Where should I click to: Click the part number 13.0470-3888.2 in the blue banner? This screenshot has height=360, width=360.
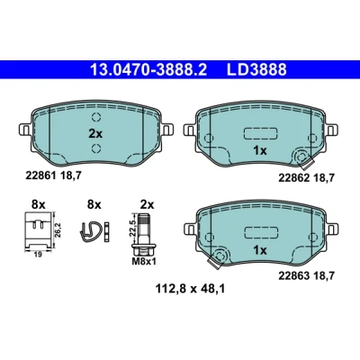(148, 70)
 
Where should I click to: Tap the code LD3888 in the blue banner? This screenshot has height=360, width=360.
(256, 70)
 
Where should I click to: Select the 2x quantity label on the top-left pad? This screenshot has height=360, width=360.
(95, 134)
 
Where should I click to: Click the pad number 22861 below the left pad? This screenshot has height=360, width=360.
(40, 176)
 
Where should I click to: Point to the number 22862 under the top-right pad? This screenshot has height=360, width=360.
(294, 178)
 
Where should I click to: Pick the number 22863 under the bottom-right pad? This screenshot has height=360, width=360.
(294, 275)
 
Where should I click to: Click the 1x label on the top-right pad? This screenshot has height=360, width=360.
(260, 151)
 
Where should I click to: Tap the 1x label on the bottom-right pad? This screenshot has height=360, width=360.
(260, 250)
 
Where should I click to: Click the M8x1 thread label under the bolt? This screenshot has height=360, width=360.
(144, 262)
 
